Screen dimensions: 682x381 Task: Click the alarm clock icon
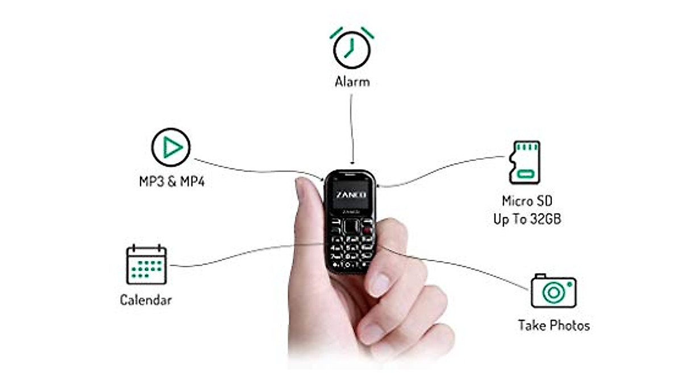pyautogui.click(x=352, y=48)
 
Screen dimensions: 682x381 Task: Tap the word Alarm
pyautogui.click(x=352, y=82)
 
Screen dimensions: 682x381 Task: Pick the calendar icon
pyautogui.click(x=146, y=264)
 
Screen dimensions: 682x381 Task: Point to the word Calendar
pyautogui.click(x=145, y=300)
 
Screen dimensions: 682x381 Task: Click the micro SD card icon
pyautogui.click(x=525, y=162)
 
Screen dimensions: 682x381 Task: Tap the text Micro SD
pyautogui.click(x=527, y=201)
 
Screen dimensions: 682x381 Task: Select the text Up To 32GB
pyautogui.click(x=527, y=219)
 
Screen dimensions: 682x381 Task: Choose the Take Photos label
pyautogui.click(x=554, y=325)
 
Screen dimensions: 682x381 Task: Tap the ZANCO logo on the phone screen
pyautogui.click(x=351, y=195)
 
